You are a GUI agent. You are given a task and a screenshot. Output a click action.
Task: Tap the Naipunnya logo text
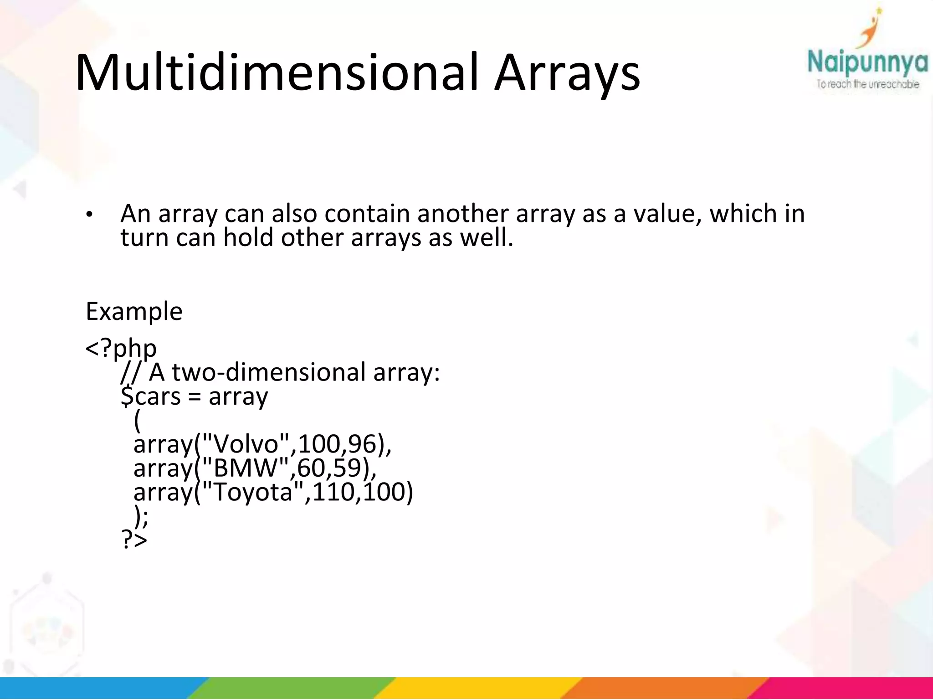click(x=867, y=63)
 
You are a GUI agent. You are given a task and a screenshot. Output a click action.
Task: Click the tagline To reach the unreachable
click(x=867, y=84)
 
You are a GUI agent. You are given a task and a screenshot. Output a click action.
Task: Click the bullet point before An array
click(x=90, y=214)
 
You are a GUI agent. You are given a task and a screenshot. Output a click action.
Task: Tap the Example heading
click(x=134, y=312)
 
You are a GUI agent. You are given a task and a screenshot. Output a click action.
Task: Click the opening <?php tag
click(x=121, y=349)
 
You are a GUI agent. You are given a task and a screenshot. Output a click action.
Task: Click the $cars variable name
click(x=151, y=396)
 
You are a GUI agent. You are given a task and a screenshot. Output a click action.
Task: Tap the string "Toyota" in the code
click(x=253, y=492)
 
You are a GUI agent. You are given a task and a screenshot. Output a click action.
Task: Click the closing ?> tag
click(x=134, y=540)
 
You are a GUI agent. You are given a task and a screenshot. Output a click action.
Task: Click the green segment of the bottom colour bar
click(x=292, y=688)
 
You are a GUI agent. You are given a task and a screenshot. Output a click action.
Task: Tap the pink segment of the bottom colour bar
click(x=847, y=688)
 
